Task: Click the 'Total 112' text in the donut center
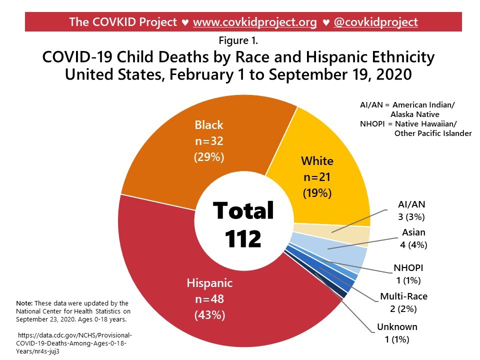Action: [x=243, y=224]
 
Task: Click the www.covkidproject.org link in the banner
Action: [x=254, y=22]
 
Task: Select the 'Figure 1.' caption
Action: [x=238, y=40]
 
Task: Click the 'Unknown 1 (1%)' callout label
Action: [x=397, y=333]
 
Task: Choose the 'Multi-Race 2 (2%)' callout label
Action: [x=403, y=302]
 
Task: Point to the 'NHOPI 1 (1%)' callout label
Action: [x=408, y=274]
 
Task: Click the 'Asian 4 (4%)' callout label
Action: [x=413, y=238]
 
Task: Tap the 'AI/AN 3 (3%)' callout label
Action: [x=411, y=210]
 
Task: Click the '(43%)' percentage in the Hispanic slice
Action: [x=209, y=315]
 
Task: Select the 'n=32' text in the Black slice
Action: [x=209, y=141]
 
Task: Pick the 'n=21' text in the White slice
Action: [x=317, y=177]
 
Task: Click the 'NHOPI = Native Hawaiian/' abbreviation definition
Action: [x=409, y=124]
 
